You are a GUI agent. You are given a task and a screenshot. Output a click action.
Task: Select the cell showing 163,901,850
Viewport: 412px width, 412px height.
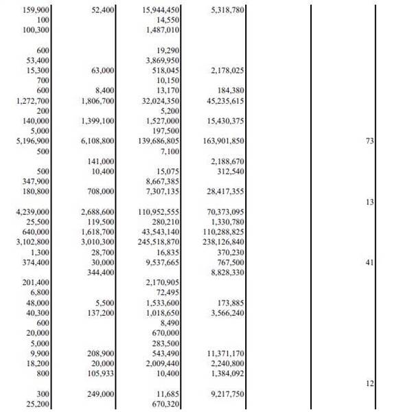click(220, 141)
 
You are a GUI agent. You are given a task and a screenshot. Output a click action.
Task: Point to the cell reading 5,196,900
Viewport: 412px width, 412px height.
click(32, 141)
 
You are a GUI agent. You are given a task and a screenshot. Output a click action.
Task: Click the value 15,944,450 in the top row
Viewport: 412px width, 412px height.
click(161, 10)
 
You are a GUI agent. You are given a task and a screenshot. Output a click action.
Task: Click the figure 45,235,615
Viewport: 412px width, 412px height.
click(222, 101)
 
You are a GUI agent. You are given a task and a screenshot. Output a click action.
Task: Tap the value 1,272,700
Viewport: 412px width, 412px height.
click(32, 101)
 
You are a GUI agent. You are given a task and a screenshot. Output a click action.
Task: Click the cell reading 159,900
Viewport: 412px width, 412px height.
click(36, 10)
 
